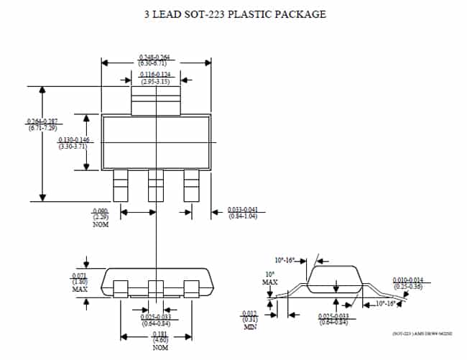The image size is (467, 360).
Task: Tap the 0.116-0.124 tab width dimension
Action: [x=155, y=77]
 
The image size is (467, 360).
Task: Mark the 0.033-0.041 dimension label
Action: [x=242, y=213]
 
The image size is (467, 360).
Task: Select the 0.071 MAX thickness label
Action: [x=80, y=282]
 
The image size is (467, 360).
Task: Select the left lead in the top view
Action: [x=121, y=186]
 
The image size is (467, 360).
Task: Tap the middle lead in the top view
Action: [x=156, y=186]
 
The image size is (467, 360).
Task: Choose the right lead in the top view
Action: [x=191, y=186]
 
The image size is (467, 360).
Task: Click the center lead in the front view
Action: [x=156, y=287]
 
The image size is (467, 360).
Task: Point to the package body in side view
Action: [x=336, y=278]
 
